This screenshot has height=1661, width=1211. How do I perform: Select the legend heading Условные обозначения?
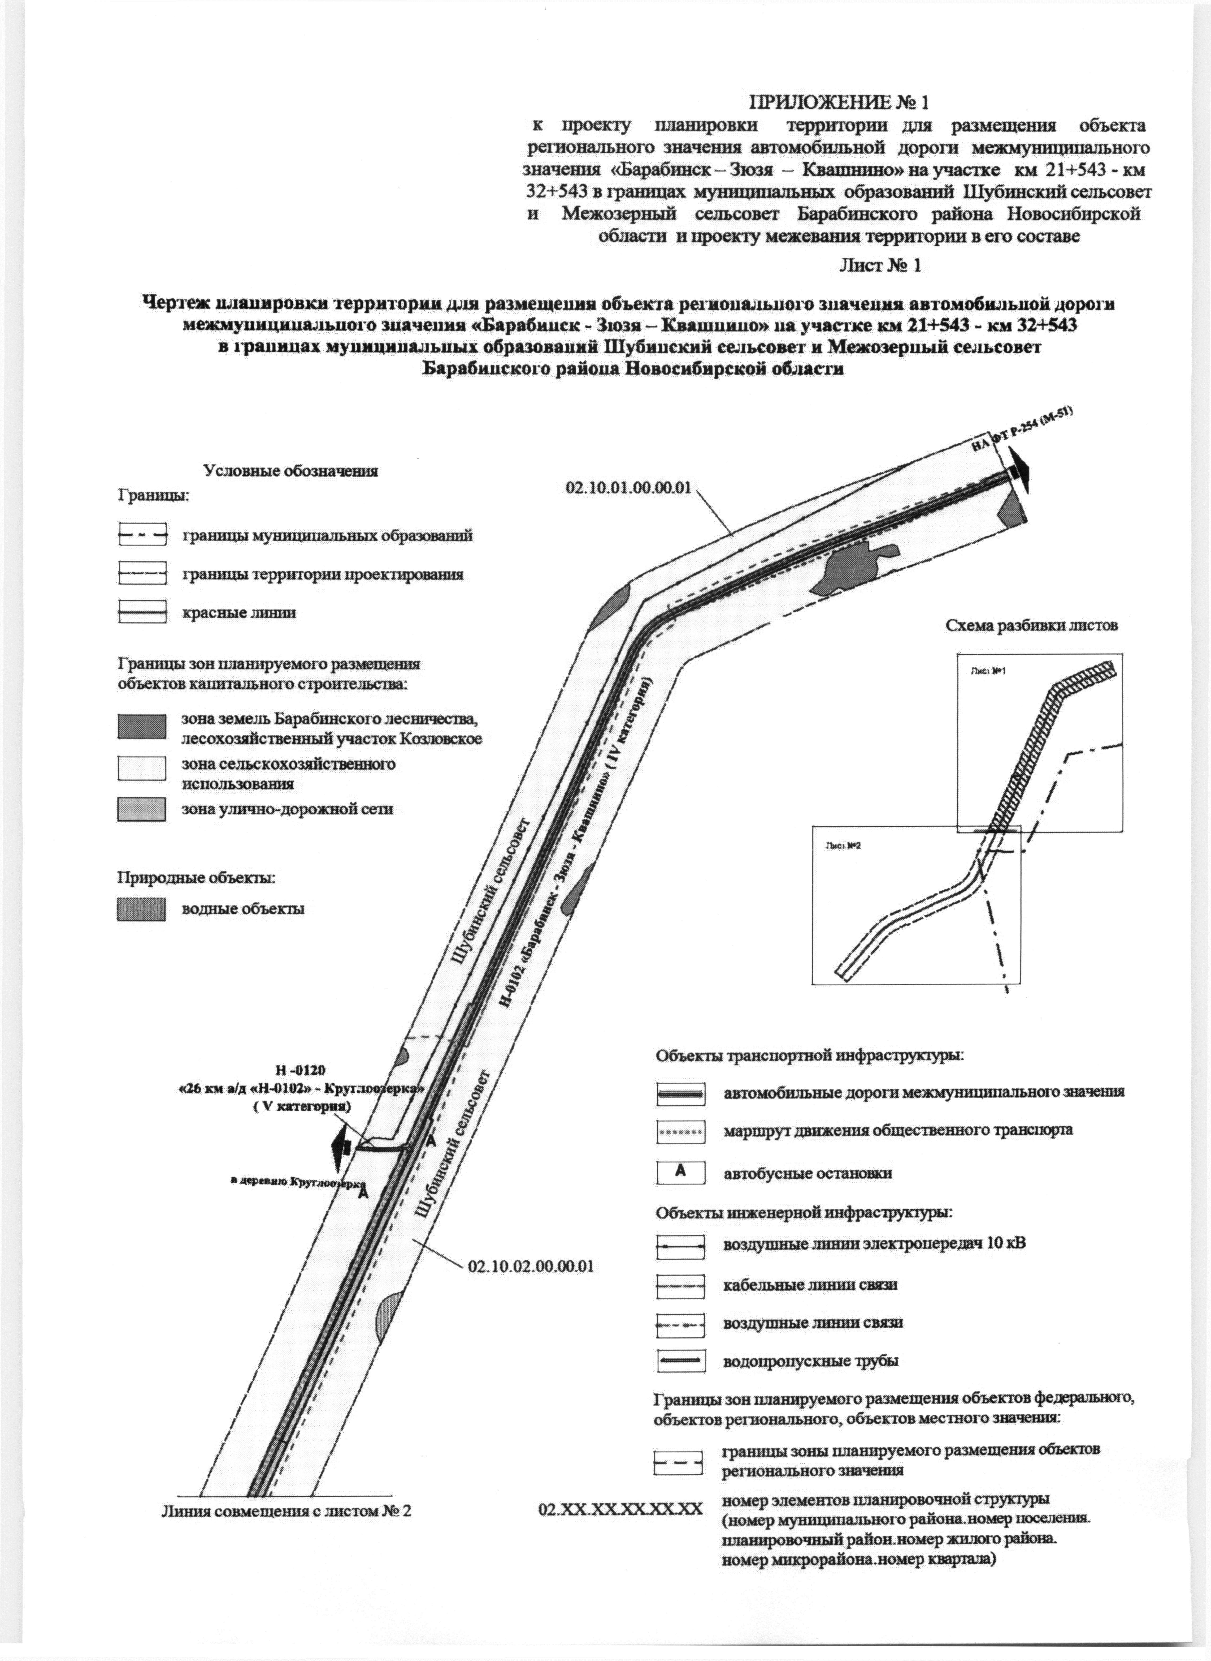pyautogui.click(x=290, y=471)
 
